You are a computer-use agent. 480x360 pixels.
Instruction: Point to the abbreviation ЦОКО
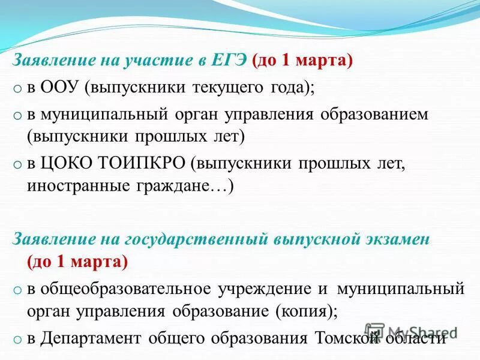point(64,164)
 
